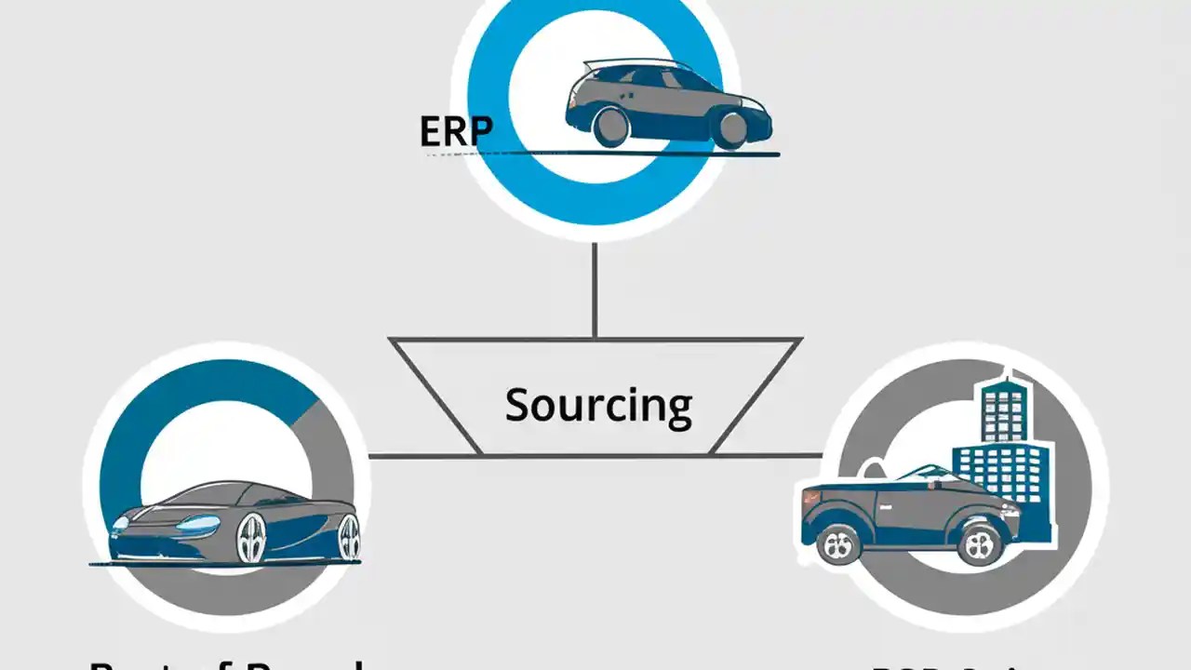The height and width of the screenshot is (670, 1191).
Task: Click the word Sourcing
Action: [598, 406]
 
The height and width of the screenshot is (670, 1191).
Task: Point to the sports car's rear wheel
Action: [349, 538]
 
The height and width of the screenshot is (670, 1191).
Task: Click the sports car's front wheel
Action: [250, 538]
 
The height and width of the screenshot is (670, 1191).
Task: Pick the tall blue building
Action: [1005, 447]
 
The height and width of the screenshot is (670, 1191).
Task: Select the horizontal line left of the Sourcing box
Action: [424, 456]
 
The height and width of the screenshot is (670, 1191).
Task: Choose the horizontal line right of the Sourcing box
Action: [767, 456]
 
